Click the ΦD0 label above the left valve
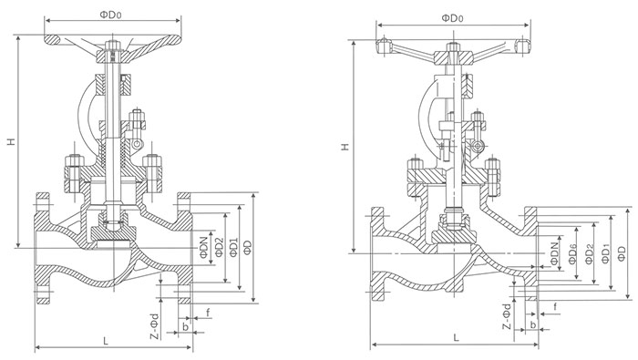point(111,15)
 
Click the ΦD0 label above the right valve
point(453,18)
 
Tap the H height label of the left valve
point(11,141)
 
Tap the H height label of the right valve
point(345,147)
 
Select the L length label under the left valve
point(106,341)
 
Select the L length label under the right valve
point(456,337)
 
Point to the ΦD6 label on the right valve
point(573,254)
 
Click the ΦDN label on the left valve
point(204,247)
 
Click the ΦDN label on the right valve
point(555,254)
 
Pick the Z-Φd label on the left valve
point(155,326)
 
